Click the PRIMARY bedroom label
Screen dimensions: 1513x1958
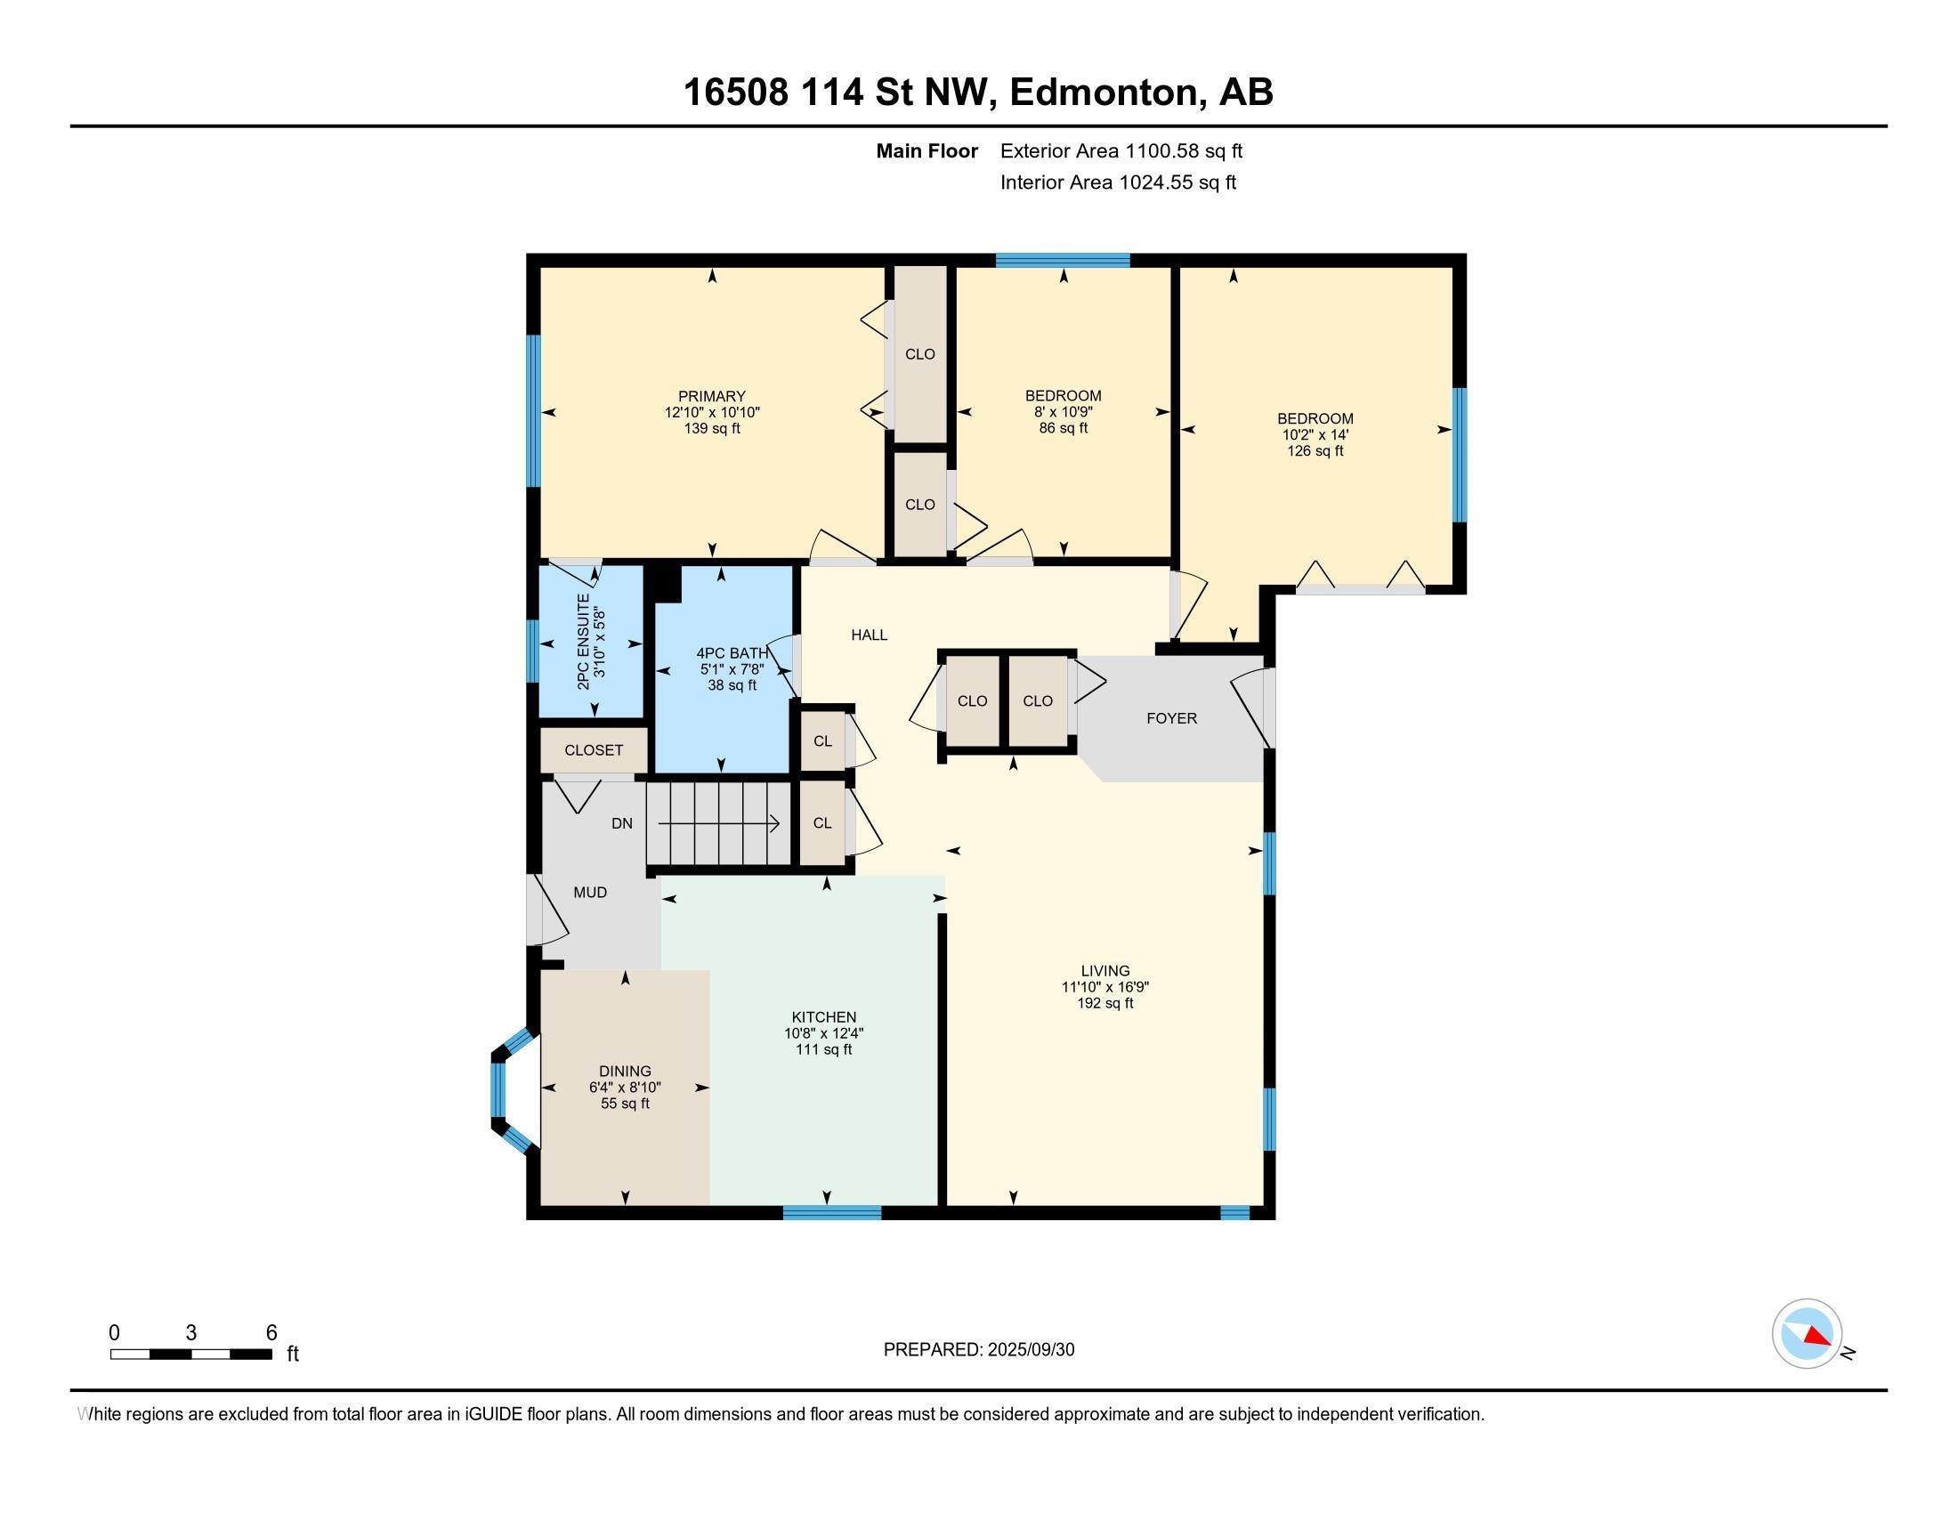point(711,396)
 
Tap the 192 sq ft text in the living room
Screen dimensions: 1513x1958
point(1104,1003)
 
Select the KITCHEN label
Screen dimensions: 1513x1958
point(823,1016)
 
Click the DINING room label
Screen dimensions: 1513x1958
point(625,1070)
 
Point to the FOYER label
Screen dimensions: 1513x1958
point(1171,718)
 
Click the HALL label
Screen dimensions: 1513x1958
point(869,635)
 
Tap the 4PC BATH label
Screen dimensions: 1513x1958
point(732,653)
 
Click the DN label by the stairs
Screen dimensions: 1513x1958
point(621,823)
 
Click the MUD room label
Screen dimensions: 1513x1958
point(590,892)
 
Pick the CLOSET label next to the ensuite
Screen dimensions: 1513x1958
point(593,750)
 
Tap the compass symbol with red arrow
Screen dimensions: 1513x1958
point(1807,1333)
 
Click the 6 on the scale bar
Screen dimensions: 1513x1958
point(271,1332)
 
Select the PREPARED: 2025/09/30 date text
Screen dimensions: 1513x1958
point(978,1349)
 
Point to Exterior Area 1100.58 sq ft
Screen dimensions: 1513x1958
point(1121,150)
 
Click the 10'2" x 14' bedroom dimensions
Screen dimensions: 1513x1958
point(1315,434)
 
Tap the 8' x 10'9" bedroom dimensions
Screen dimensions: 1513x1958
point(1063,411)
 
